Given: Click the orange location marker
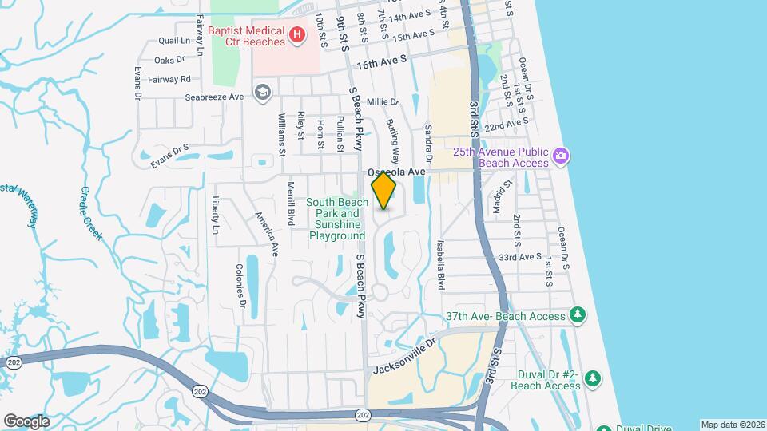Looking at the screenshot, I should pyautogui.click(x=384, y=191).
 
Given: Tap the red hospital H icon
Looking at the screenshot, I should pyautogui.click(x=297, y=34).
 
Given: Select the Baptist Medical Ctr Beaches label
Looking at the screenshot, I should pyautogui.click(x=246, y=34).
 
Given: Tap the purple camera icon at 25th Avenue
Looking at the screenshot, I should pyautogui.click(x=561, y=156).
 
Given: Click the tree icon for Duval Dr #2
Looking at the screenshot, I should pyautogui.click(x=592, y=378).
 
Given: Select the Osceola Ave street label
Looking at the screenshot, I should pyautogui.click(x=397, y=172).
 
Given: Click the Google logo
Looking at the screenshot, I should pyautogui.click(x=26, y=421).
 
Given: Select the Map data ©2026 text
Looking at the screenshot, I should pyautogui.click(x=732, y=425).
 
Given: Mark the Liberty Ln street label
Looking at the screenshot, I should pyautogui.click(x=215, y=215).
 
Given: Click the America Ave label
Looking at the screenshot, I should pyautogui.click(x=266, y=233).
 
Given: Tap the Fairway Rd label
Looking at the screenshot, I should pyautogui.click(x=173, y=79).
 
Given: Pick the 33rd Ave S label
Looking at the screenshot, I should pyautogui.click(x=519, y=257).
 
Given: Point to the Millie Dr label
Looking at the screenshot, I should pyautogui.click(x=383, y=102).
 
